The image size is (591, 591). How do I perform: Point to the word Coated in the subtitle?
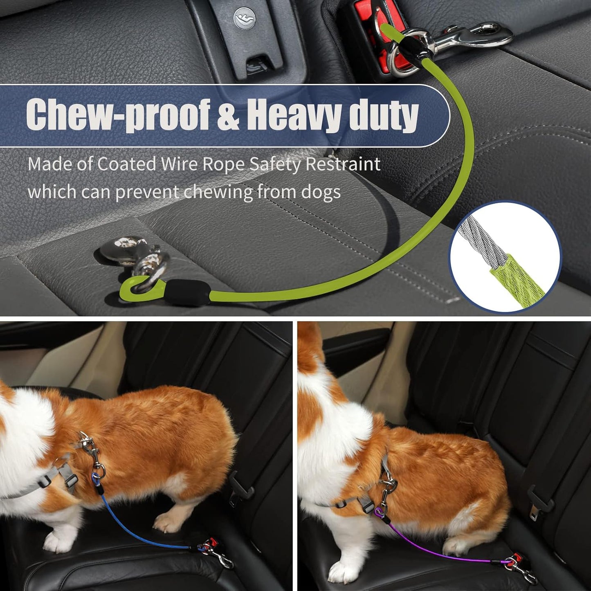point(126,164)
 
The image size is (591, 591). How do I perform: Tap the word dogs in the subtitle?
point(321,191)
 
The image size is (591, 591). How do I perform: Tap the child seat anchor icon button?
point(245,18)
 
